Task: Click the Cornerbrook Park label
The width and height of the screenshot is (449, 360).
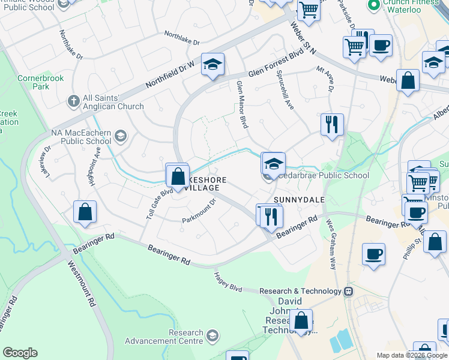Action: coord(32,82)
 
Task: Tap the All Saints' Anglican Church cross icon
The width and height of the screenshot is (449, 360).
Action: coord(74,101)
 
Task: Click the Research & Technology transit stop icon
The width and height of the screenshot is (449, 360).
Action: coord(348,291)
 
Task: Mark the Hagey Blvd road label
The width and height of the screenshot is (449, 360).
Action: coord(228,281)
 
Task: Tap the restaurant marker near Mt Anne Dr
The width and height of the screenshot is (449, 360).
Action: coord(332,125)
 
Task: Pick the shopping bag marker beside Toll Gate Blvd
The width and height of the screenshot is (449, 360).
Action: coord(177,176)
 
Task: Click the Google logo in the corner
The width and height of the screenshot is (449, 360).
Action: coord(20,353)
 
